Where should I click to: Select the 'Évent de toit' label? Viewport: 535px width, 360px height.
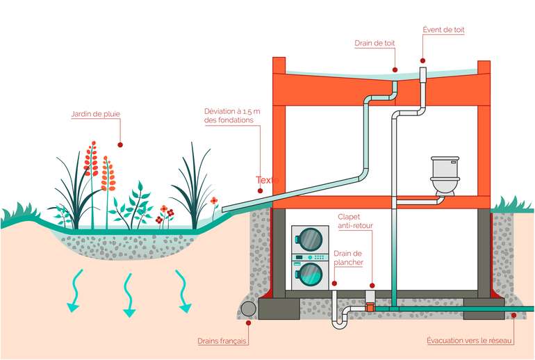(x=443, y=30)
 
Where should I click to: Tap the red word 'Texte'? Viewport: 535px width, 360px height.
(x=267, y=180)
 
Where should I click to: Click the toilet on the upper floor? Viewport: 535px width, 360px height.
(x=445, y=176)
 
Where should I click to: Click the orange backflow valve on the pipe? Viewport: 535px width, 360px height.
(x=370, y=304)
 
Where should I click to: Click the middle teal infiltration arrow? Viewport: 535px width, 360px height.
(x=128, y=295)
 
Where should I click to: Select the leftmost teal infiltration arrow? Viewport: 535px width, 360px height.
(x=73, y=292)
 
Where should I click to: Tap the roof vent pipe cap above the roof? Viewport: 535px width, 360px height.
(x=423, y=72)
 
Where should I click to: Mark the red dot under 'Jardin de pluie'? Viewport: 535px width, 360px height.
(x=120, y=145)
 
